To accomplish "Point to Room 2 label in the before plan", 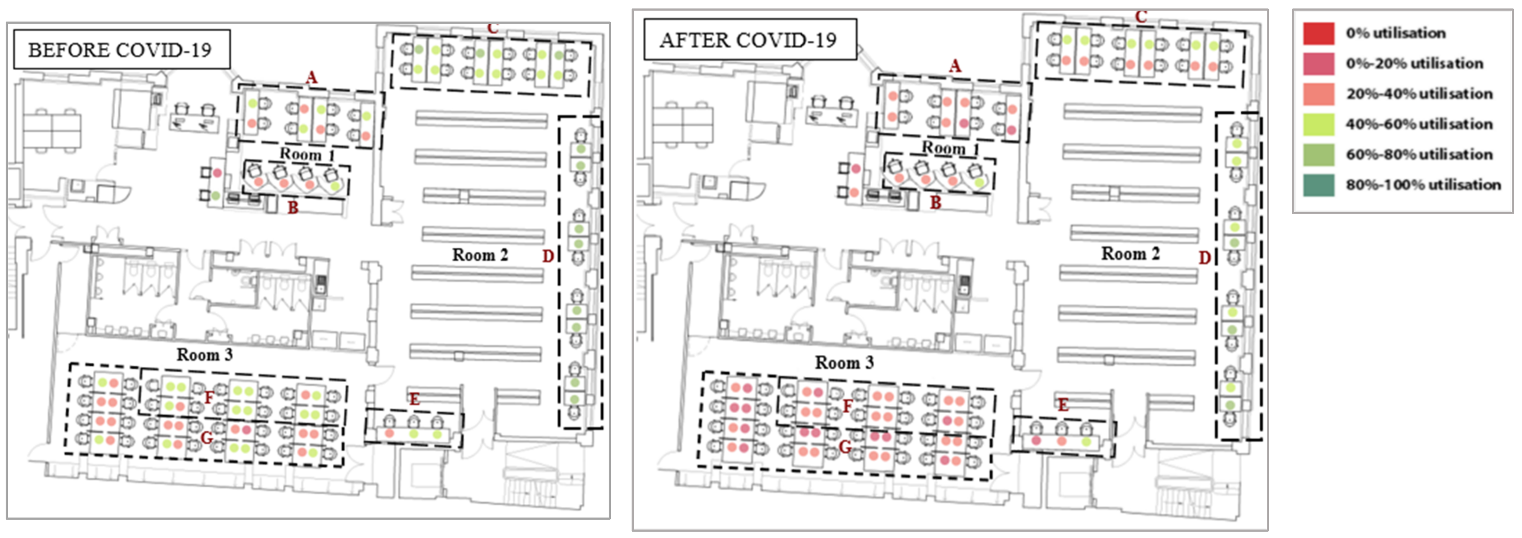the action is pos(480,255).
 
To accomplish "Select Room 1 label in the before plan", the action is pos(307,154).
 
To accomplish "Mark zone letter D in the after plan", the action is pos(1205,258).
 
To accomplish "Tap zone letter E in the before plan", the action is pos(414,399).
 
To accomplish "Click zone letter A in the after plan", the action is pos(955,66).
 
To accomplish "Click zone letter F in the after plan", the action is pos(848,406).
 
